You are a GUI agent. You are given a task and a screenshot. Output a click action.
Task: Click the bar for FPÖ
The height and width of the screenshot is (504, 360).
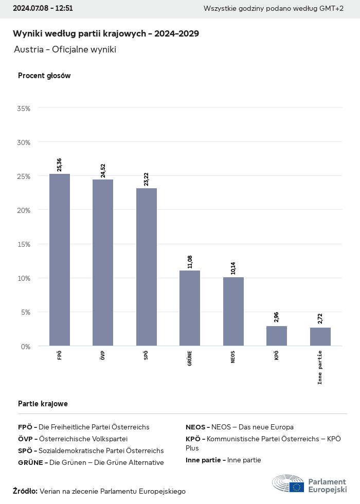coord(60,260)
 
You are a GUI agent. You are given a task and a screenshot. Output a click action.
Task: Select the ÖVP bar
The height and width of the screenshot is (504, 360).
coord(103,262)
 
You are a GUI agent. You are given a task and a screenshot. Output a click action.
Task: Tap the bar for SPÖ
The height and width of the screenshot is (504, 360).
coord(147,266)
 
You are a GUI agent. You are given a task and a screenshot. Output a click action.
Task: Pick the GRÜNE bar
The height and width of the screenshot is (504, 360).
coord(190,308)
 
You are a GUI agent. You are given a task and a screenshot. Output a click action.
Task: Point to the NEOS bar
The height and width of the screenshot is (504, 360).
coord(233,311)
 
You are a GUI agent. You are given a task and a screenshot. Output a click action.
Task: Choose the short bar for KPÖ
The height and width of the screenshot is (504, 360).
coord(277,336)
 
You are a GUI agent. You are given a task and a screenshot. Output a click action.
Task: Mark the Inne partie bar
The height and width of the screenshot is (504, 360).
coord(320,336)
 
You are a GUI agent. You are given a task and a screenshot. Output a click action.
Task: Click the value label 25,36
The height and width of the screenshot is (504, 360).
coord(60,165)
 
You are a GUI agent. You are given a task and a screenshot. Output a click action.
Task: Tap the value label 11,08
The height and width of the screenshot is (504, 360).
coord(190,261)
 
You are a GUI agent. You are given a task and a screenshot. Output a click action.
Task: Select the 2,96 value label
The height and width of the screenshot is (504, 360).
coord(277,317)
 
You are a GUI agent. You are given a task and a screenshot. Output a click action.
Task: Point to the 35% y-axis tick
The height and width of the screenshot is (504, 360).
coord(24,109)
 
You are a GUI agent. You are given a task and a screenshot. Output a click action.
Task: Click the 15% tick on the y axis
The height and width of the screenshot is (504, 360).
coord(24,244)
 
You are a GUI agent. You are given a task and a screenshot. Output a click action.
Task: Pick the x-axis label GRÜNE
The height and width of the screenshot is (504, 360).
coord(190,358)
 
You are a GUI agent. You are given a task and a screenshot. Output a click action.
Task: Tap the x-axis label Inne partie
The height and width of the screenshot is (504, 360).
coord(320,367)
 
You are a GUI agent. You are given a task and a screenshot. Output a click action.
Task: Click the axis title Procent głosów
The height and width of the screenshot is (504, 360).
coord(44,76)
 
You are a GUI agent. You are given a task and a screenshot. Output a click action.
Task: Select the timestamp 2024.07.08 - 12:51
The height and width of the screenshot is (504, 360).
coord(43,8)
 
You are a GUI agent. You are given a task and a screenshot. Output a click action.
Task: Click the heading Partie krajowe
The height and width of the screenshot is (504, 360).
coord(43,404)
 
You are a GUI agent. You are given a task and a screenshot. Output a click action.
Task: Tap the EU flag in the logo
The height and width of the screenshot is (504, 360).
coord(297,487)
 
